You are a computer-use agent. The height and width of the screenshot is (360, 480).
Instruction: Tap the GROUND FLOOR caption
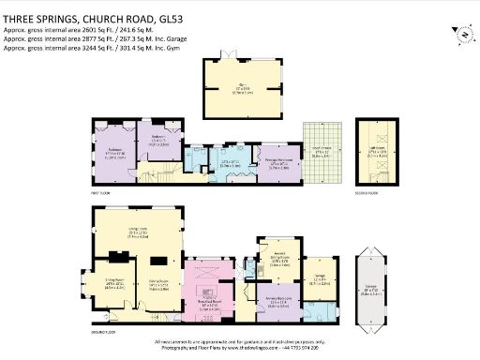click(x=105, y=331)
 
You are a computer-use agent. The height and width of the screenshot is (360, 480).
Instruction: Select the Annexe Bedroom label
click(x=277, y=303)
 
